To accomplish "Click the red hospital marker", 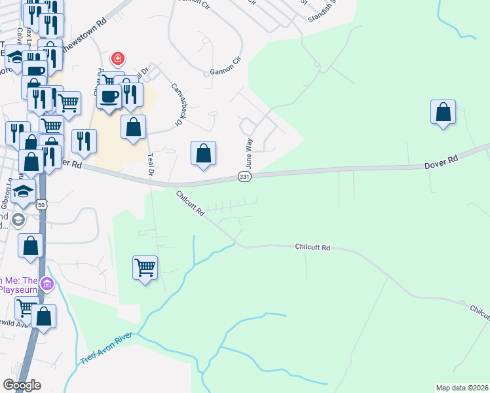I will point(118,59).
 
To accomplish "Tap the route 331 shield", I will point(244,178).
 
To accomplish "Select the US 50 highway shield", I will point(42,204).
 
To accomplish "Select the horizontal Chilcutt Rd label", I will point(312,248).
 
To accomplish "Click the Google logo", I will point(22,385).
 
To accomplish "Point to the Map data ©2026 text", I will point(462,388).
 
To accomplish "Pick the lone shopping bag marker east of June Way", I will point(443,112).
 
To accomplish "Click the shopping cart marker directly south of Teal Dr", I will point(145,267).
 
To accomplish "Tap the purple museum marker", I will point(47,285).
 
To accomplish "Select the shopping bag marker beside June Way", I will point(204,153).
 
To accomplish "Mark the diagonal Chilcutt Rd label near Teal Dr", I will point(190,203).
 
